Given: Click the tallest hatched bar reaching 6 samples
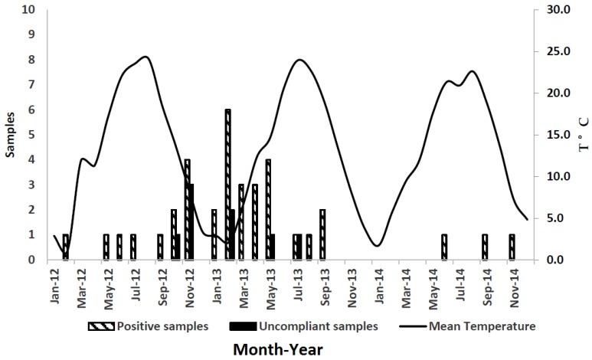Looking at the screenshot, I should pos(227,184).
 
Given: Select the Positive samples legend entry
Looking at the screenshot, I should pos(149,326).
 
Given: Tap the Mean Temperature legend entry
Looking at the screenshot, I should pos(470,326).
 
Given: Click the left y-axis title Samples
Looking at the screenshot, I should pos(11,135).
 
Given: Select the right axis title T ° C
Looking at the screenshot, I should pos(584,135).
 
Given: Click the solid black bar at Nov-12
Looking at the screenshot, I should pos(191,222).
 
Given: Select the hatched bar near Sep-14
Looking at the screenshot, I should pos(484,247).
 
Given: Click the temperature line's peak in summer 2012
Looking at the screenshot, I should pos(145,57).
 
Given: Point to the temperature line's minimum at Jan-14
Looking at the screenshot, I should pos(377,245).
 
